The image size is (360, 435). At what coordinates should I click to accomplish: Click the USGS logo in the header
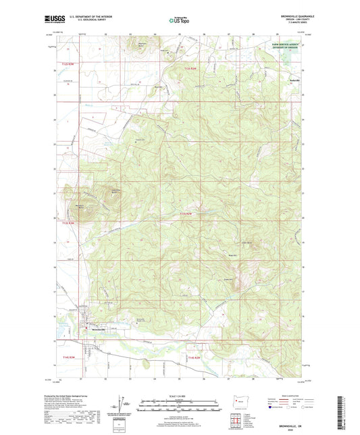(x=51, y=20)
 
